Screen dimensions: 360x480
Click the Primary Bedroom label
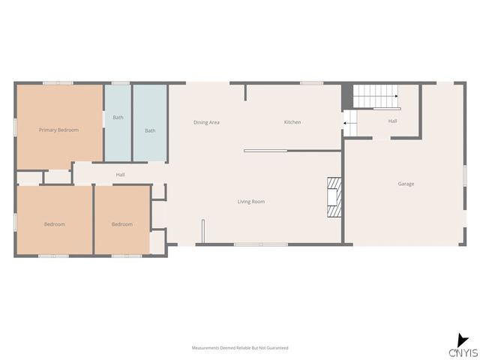(x=58, y=130)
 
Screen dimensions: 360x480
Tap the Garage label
(x=406, y=184)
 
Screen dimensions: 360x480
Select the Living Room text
(x=251, y=202)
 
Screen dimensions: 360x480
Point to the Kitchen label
(x=292, y=122)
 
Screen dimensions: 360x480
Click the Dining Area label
(x=206, y=122)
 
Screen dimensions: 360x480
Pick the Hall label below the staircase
(x=392, y=121)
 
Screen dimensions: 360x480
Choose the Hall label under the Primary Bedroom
(x=120, y=175)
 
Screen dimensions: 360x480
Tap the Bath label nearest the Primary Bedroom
(x=118, y=118)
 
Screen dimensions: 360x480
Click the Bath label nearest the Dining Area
(x=150, y=130)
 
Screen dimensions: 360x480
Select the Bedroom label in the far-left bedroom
(x=54, y=224)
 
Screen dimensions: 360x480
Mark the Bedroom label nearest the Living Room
(x=122, y=224)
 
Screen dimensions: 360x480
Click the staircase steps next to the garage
(x=375, y=96)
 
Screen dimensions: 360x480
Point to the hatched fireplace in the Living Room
(x=334, y=196)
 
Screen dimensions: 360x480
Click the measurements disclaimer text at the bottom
(x=240, y=348)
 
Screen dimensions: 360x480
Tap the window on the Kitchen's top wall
(x=311, y=82)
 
